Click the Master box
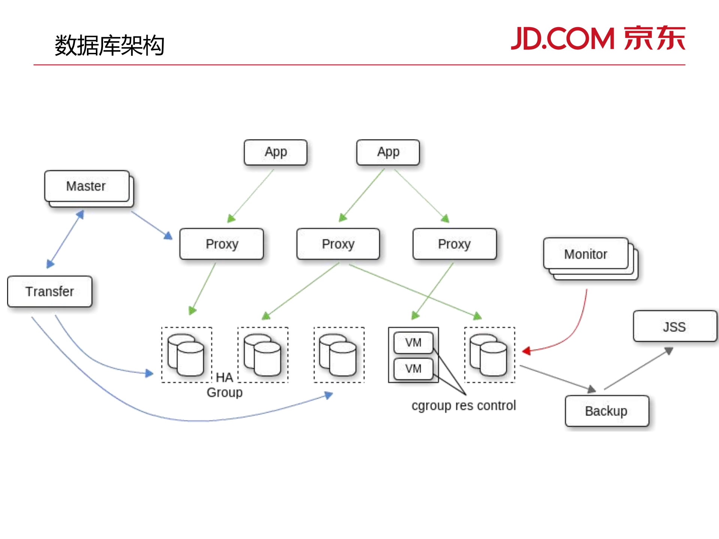(x=87, y=186)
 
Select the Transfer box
(x=49, y=291)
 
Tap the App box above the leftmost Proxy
(x=275, y=152)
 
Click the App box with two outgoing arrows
(x=388, y=152)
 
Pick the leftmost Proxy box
(x=221, y=244)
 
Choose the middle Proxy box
(x=338, y=244)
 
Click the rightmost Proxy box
(x=454, y=244)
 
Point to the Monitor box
(x=585, y=254)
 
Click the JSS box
(x=674, y=326)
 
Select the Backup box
(x=606, y=411)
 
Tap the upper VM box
(x=413, y=342)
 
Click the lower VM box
(x=413, y=369)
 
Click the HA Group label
(x=225, y=385)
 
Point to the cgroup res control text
(x=463, y=406)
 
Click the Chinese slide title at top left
(x=109, y=46)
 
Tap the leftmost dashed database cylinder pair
(x=186, y=355)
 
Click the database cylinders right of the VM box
(x=489, y=355)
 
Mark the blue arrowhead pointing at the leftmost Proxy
(x=168, y=236)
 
